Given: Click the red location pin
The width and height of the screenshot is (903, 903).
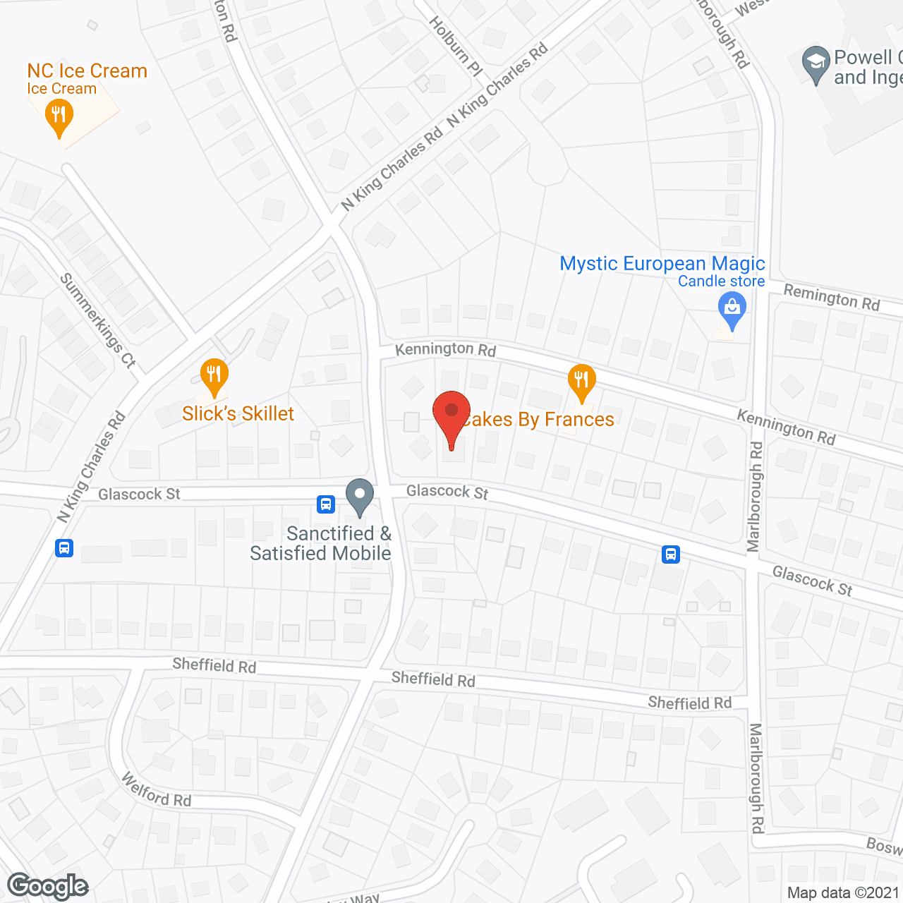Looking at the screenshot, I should pos(451,417).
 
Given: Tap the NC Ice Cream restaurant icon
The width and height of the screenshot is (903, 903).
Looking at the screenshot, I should pos(59,116).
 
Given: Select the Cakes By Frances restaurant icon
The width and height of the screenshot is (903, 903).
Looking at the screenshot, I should pos(581,382).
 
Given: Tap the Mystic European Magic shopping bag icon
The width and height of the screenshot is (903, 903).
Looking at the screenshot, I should pos(732,310).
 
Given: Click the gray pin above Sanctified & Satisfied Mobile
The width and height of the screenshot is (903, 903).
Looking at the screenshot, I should pos(360,496).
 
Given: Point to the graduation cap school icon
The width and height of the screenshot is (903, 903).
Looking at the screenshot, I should pos(816,63).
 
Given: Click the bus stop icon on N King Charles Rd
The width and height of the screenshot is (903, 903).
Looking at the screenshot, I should pos(64,547).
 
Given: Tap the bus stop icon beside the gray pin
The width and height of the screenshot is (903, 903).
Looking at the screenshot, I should pos(325,504).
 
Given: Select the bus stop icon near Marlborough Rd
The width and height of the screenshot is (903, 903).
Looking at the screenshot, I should pos(671,554).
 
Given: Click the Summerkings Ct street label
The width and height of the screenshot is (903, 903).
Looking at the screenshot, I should pos(97,320).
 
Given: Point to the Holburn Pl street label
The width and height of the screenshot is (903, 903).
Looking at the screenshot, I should pos(456,47).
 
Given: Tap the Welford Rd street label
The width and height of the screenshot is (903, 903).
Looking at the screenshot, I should pos(156,790).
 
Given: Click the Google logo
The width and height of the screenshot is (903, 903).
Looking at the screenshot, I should pos(48,886).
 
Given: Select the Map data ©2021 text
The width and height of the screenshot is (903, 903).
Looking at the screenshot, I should pos(843,892).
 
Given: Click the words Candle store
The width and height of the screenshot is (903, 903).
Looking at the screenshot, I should pos(721,281).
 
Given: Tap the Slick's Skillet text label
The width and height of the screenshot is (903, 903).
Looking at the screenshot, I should pos(238,413).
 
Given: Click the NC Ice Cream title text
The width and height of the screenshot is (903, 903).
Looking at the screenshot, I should pos(87,71).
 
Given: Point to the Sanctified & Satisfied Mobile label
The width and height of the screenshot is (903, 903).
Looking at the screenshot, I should pos(321,543).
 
